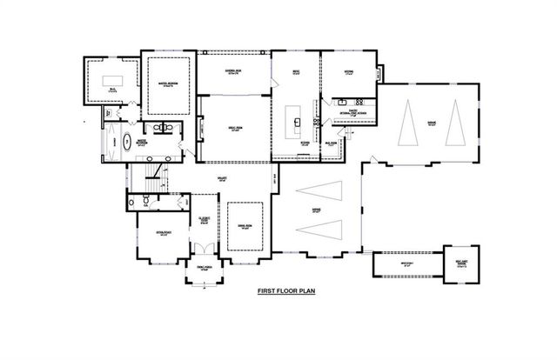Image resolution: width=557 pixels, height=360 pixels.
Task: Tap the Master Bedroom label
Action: coord(169,84)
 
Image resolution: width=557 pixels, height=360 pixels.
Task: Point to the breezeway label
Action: coord(402,264)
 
